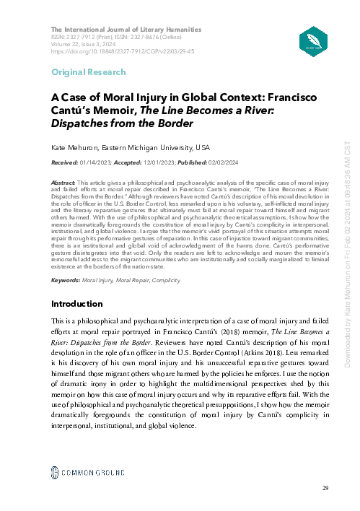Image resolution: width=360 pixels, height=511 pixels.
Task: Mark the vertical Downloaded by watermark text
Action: (x=348, y=253)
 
